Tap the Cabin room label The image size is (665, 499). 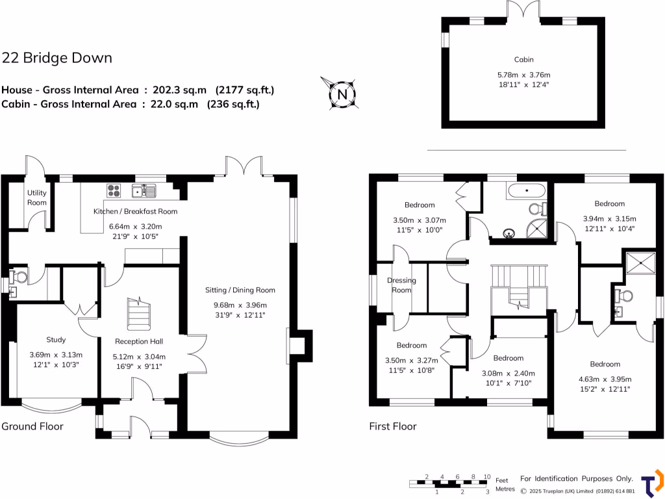[x=523, y=59]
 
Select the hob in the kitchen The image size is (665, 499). [x=114, y=190]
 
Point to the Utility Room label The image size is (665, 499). [x=37, y=198]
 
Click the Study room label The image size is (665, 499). [x=56, y=339]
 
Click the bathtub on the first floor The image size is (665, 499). [x=527, y=192]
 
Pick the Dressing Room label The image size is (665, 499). [x=401, y=285]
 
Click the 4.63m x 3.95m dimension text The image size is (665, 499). [x=605, y=379]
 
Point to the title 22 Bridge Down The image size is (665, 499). [x=57, y=58]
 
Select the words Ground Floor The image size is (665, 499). [x=32, y=426]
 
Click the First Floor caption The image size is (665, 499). [x=393, y=426]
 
